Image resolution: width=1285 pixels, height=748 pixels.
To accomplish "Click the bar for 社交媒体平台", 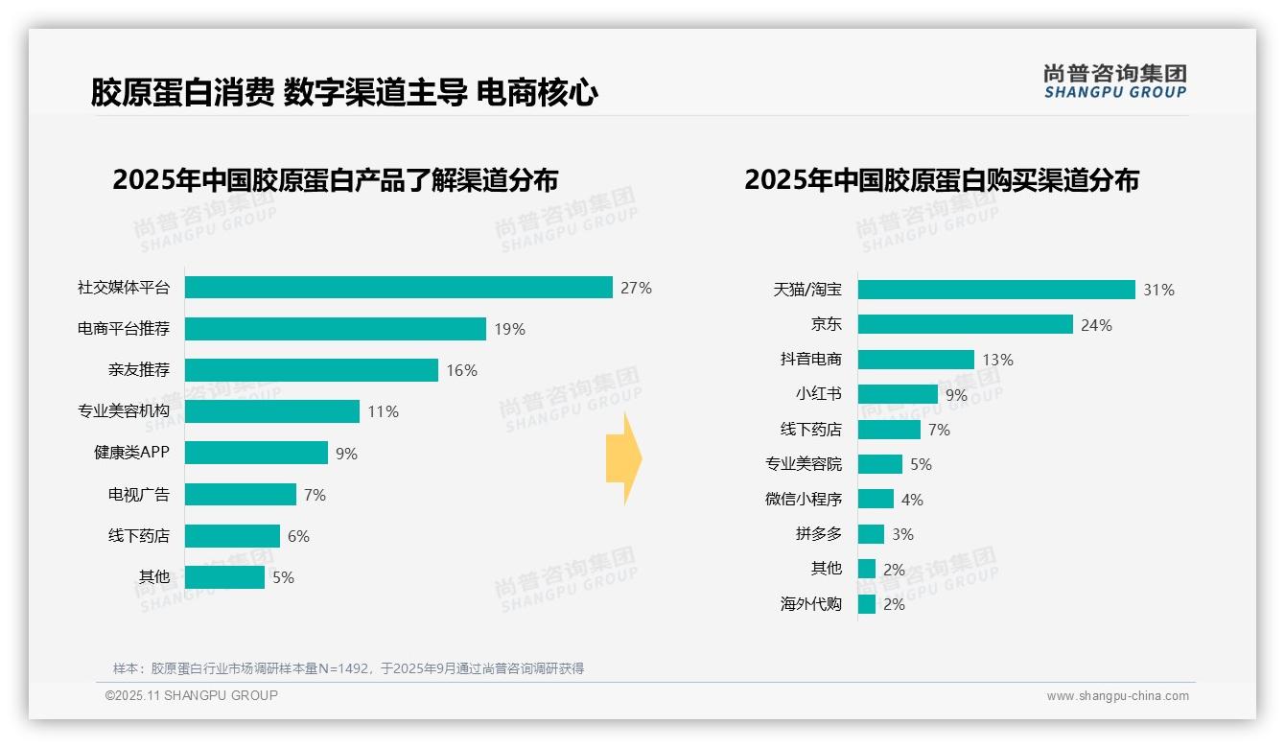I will coord(398,288).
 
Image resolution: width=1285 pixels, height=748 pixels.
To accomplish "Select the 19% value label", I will coord(509,329).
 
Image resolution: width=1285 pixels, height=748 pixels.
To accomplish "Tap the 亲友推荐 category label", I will coord(138,370).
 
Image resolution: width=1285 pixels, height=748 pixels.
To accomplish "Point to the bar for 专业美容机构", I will coord(271,411).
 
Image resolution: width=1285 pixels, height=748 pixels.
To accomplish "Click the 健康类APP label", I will coord(131,453).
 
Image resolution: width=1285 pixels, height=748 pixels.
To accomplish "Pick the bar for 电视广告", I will coord(240,495).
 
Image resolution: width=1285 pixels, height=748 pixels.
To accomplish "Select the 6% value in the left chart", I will coord(298,536).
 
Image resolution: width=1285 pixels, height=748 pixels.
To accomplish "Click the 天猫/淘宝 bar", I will coord(995,290).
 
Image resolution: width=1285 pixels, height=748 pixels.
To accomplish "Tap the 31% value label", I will coord(1158,290).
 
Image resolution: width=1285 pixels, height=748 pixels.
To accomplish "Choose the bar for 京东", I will coord(965,324).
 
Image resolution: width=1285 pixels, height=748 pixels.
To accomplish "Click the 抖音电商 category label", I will coord(810,360).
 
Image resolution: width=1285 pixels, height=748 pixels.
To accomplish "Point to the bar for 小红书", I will coord(898,394).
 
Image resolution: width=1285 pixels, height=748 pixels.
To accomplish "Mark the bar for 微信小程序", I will coord(876,499).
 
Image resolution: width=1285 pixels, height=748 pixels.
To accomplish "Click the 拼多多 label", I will coord(818,534).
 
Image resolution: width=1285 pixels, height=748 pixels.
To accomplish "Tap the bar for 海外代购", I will coord(867,604).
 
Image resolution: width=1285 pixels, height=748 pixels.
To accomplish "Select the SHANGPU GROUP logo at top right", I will coord(1114,82).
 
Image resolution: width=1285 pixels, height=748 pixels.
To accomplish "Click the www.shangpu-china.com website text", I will coord(1117,696).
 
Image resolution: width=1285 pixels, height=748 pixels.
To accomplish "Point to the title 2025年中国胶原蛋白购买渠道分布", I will coord(941,180).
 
